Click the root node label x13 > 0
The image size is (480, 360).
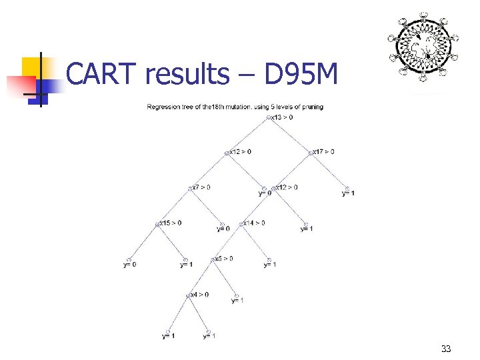click(x=283, y=117)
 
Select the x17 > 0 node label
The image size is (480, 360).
click(x=324, y=151)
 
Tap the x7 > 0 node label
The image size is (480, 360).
click(x=201, y=187)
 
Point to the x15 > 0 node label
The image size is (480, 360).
click(x=170, y=223)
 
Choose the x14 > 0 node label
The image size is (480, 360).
click(x=254, y=223)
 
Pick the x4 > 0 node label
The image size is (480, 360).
click(x=199, y=294)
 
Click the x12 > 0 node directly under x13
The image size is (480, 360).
click(x=241, y=151)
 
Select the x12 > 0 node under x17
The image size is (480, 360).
click(x=287, y=187)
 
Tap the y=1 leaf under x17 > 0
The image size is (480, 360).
click(x=348, y=193)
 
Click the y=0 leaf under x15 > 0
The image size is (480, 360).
click(x=130, y=265)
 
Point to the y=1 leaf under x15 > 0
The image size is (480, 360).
click(x=187, y=265)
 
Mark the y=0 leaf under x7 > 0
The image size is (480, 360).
click(x=223, y=229)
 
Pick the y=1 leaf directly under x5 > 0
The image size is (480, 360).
click(x=238, y=301)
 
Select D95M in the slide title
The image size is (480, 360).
click(x=301, y=74)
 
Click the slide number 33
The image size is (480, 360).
click(x=446, y=349)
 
